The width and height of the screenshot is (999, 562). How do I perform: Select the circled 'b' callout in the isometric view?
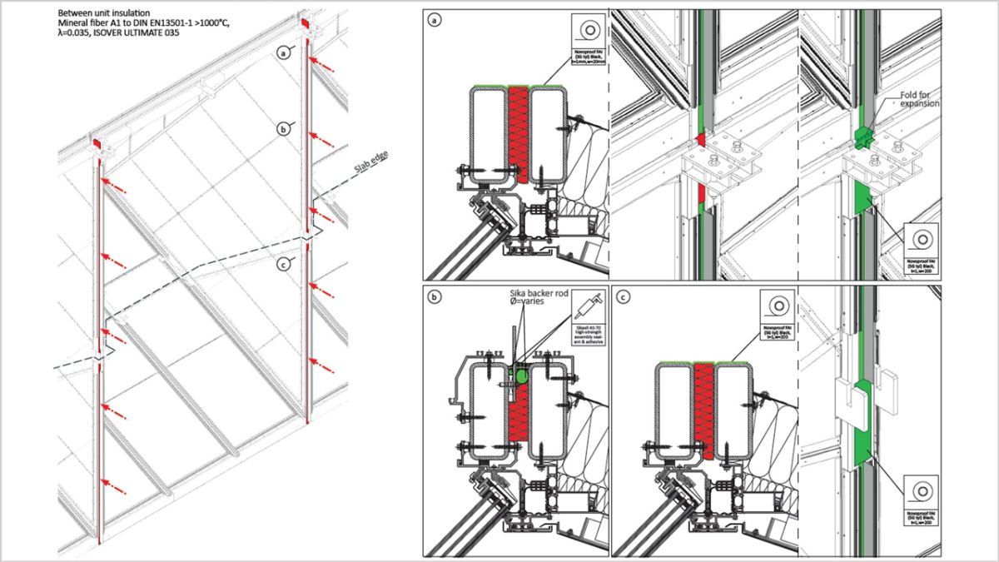[283, 129]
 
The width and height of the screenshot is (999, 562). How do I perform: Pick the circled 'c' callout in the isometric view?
[283, 266]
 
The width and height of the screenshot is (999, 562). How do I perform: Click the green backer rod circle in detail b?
[522, 376]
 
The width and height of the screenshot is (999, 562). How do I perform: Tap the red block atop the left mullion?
[98, 144]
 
